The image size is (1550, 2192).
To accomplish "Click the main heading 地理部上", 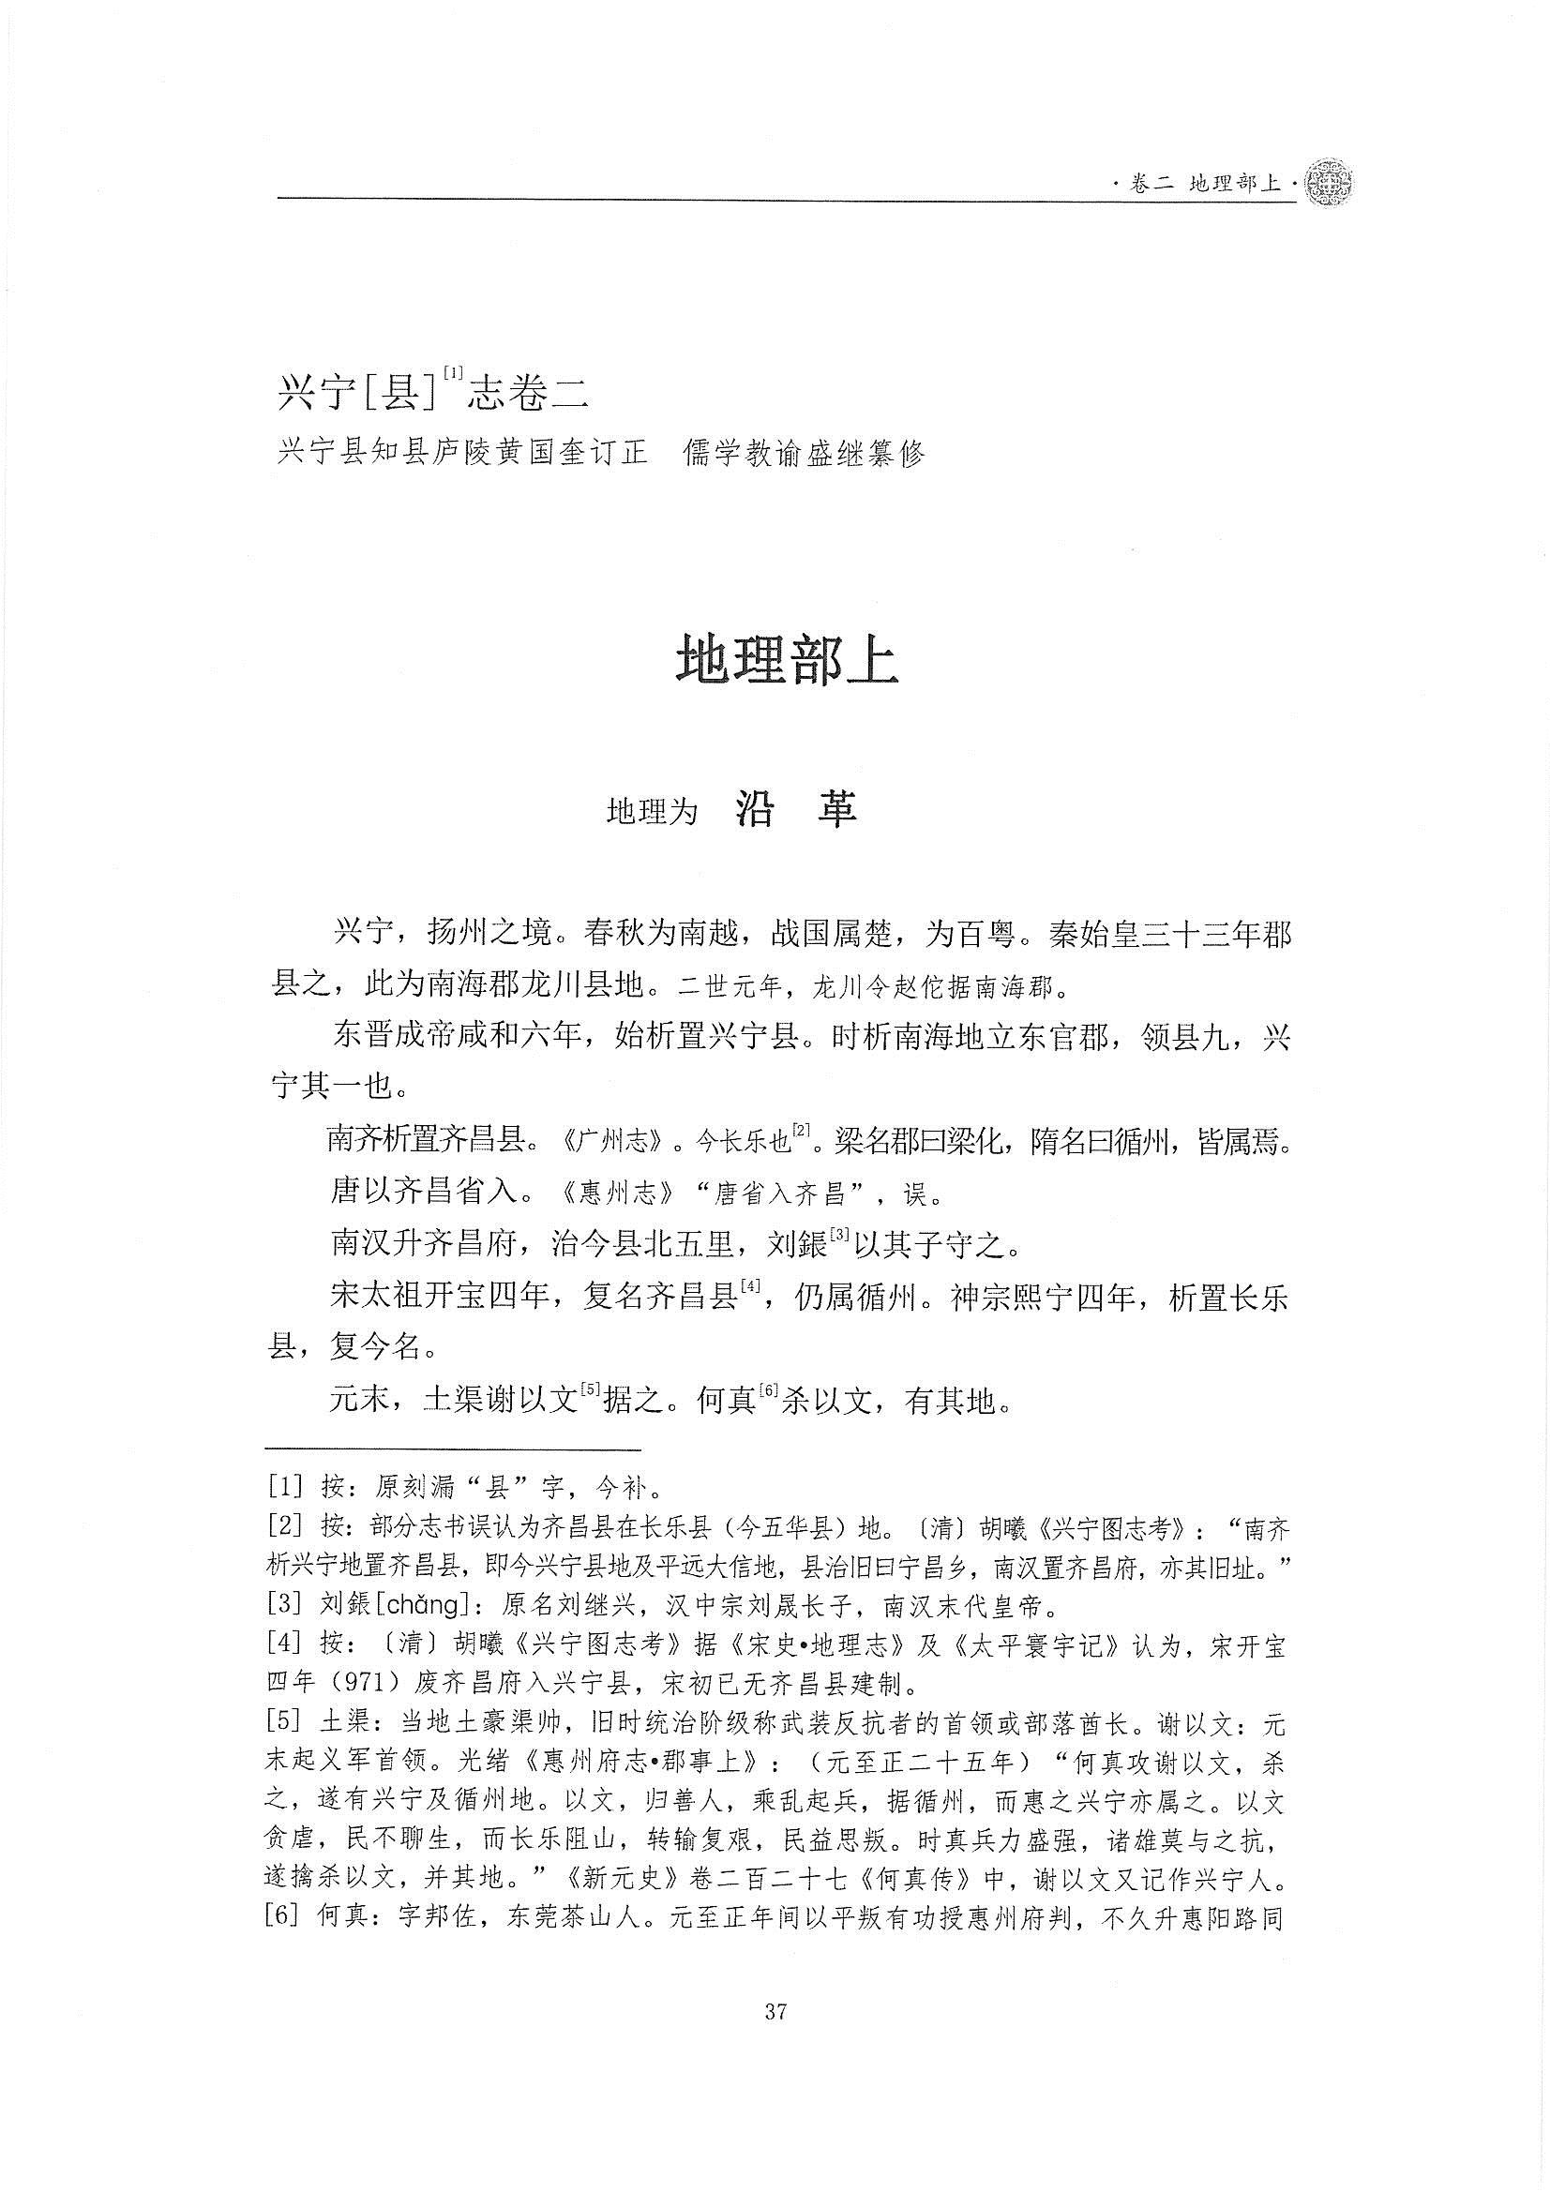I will point(787,660).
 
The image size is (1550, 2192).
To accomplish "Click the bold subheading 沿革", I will point(796,810).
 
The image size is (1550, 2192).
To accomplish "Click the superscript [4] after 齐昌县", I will point(750,1289).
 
